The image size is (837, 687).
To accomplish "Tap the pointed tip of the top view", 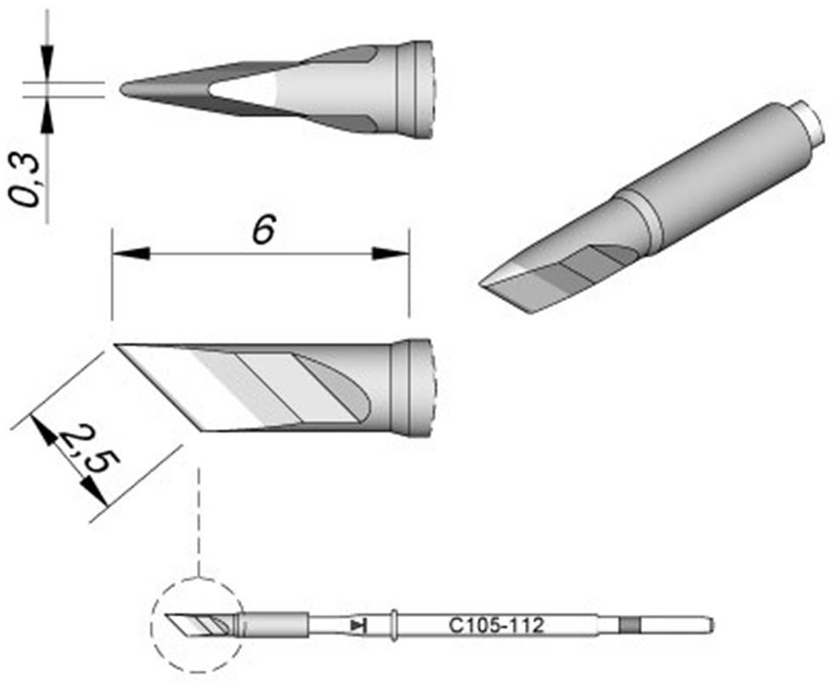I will pos(126,88).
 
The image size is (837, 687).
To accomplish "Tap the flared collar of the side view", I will pos(412,388).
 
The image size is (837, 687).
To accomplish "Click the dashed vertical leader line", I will pos(197,519).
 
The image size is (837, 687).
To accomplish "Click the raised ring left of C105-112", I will pos(394,626).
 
